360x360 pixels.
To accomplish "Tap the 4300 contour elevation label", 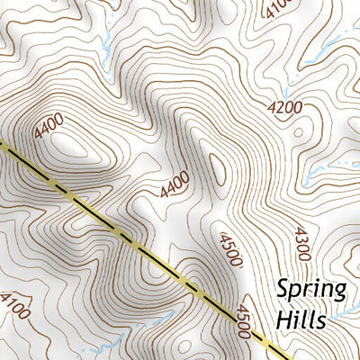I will (x=301, y=243).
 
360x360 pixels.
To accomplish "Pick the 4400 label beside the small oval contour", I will (x=175, y=185).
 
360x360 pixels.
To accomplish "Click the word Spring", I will (x=311, y=290).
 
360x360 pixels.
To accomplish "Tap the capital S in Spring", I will (x=283, y=289).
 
